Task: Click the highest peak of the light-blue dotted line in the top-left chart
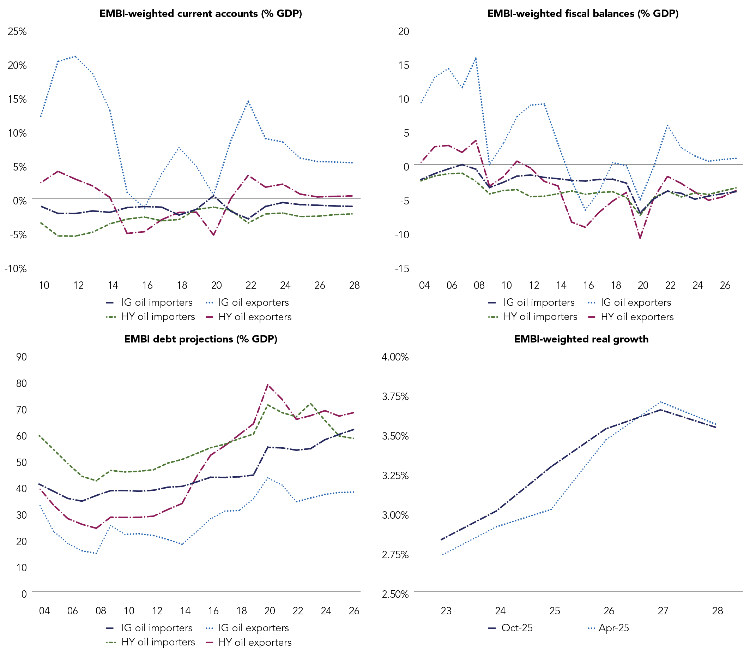click(75, 56)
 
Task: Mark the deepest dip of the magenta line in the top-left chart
click(213, 235)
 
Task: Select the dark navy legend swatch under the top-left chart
click(110, 303)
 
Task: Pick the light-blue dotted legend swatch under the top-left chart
click(210, 303)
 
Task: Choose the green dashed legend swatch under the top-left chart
click(111, 317)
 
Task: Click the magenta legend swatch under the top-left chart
click(210, 317)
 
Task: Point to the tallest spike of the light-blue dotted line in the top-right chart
click(476, 58)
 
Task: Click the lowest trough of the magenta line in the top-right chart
click(640, 238)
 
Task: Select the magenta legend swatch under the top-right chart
click(592, 317)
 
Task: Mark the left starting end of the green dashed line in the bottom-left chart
click(39, 436)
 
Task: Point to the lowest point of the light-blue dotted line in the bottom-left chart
click(96, 553)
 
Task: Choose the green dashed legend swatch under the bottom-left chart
click(111, 642)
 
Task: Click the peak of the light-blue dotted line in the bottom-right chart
click(660, 402)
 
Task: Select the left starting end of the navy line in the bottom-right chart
click(441, 539)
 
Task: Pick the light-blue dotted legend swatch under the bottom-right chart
click(592, 628)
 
